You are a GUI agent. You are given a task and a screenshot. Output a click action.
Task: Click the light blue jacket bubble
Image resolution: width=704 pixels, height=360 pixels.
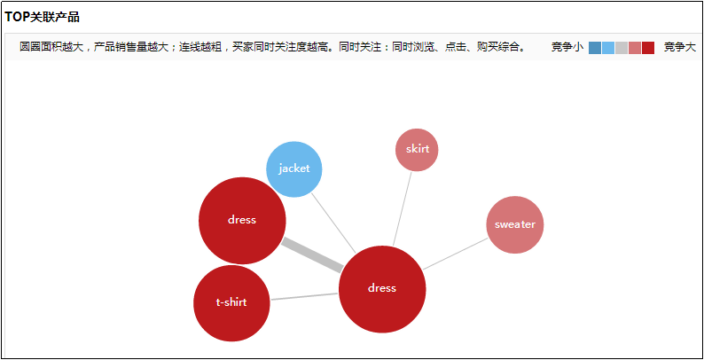[294, 169]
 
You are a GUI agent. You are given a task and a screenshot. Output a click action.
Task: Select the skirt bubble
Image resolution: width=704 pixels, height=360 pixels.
[417, 150]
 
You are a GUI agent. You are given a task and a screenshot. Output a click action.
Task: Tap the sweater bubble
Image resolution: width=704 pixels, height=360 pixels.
[515, 225]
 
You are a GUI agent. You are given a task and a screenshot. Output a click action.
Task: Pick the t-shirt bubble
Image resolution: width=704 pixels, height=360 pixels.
[231, 303]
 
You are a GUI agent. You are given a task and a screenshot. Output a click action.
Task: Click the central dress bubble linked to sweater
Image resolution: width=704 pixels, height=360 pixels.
[382, 290]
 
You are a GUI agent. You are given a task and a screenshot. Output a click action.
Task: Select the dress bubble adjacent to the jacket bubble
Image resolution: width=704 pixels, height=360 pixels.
[242, 221]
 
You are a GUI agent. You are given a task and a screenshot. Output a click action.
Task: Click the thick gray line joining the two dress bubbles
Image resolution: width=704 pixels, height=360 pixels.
[312, 255]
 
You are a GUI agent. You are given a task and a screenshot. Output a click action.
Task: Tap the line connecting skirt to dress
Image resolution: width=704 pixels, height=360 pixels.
[403, 209]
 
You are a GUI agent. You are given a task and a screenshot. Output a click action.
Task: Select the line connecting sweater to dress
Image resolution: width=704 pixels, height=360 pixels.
[455, 254]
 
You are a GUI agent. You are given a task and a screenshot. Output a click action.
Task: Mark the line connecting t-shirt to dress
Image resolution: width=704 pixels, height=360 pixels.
[304, 296]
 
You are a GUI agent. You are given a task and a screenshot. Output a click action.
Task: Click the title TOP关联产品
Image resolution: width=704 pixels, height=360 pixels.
[42, 17]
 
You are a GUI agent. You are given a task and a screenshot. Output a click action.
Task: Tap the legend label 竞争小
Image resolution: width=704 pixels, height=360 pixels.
[567, 47]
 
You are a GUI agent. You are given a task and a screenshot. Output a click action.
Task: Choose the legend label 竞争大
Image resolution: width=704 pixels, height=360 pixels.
[680, 47]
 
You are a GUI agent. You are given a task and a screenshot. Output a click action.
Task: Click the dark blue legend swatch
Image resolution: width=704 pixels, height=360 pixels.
[595, 48]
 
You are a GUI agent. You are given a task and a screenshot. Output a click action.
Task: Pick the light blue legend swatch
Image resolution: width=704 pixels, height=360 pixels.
[608, 48]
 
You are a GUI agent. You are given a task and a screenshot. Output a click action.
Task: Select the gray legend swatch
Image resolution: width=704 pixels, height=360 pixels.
[622, 48]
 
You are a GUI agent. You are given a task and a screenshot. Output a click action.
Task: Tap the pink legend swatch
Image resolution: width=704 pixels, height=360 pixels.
[635, 48]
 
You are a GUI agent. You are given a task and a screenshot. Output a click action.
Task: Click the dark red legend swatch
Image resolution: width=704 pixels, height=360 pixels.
[648, 48]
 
